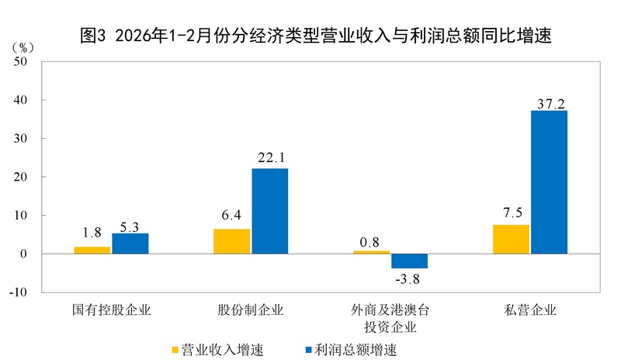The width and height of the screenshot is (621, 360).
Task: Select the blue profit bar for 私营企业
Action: [x=549, y=182]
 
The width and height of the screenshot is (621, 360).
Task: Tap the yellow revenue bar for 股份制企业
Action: [x=231, y=241]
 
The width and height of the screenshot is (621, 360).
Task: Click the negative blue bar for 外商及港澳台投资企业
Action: [x=409, y=261]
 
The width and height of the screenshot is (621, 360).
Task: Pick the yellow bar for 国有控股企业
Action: [x=92, y=250]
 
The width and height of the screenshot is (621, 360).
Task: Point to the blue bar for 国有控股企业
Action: [x=130, y=244]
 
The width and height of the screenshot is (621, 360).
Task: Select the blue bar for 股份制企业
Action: [x=269, y=211]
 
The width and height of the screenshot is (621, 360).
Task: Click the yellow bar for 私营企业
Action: [x=511, y=239]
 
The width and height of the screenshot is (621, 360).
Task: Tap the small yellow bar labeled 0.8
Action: [x=371, y=252]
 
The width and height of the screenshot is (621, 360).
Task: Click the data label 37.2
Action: [x=549, y=103]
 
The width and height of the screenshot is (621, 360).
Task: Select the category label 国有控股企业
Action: [x=111, y=310]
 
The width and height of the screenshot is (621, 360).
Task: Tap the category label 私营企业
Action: [x=530, y=310]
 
